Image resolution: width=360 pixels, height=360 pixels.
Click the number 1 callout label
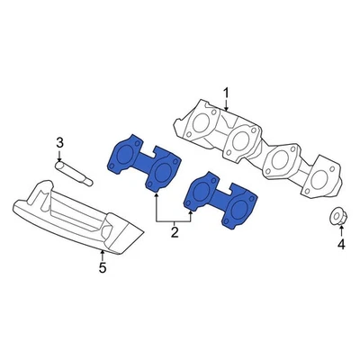(x=227, y=92)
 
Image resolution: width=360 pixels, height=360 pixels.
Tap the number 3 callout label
(x=59, y=142)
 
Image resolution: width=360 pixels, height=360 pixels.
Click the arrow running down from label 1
(x=227, y=103)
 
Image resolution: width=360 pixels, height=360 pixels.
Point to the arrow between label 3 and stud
(x=60, y=154)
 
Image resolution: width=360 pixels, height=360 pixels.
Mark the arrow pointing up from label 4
(x=341, y=230)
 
